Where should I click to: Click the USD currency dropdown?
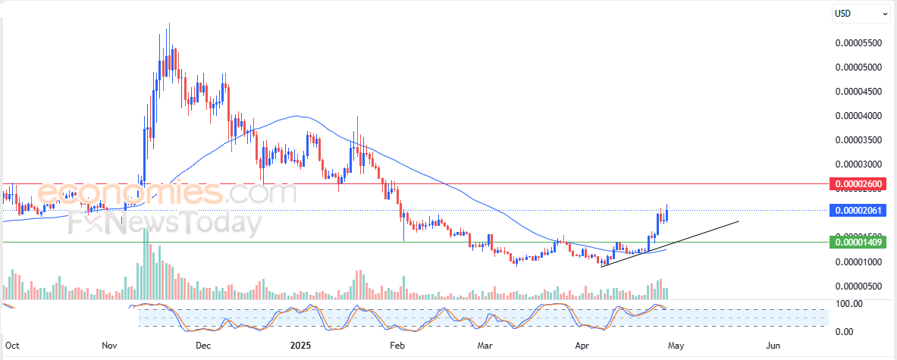pyautogui.click(x=861, y=13)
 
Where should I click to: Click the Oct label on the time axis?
pyautogui.click(x=13, y=346)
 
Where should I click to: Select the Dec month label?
pyautogui.click(x=202, y=346)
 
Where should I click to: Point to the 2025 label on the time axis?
pyautogui.click(x=302, y=346)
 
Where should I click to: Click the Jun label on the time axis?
pyautogui.click(x=772, y=346)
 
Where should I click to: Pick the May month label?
pyautogui.click(x=676, y=346)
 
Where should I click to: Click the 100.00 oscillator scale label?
pyautogui.click(x=848, y=304)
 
